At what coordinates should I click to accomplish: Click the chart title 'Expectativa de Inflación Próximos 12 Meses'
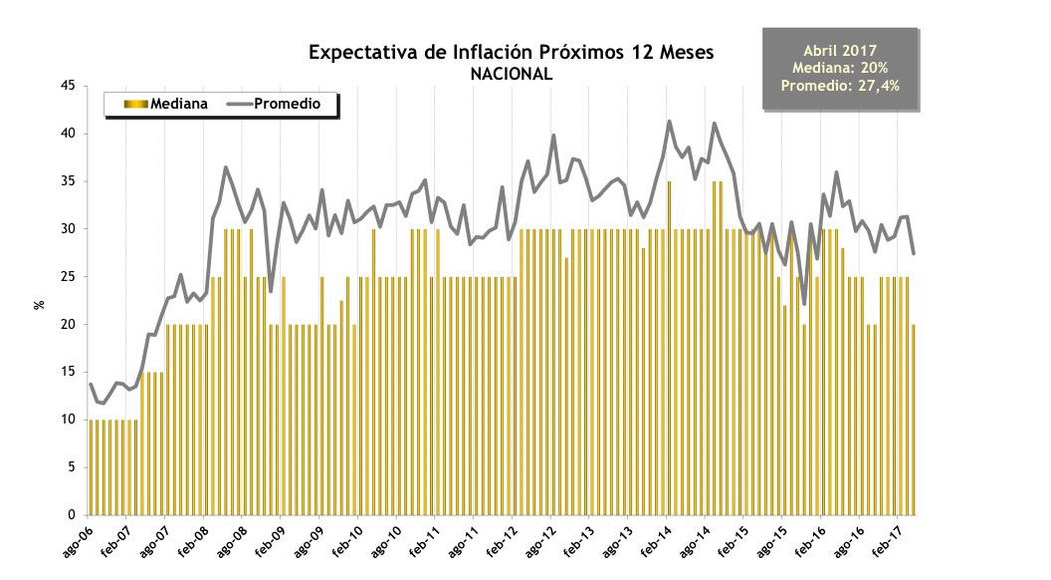[511, 52]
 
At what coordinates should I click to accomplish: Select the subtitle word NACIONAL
[511, 74]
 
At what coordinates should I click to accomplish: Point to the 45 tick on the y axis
[70, 86]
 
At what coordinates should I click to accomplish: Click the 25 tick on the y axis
[70, 277]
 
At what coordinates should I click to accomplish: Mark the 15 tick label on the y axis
[70, 372]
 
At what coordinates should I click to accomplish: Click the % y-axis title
[40, 303]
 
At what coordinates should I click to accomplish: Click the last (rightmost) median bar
[914, 419]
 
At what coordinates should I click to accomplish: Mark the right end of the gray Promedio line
[914, 253]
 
